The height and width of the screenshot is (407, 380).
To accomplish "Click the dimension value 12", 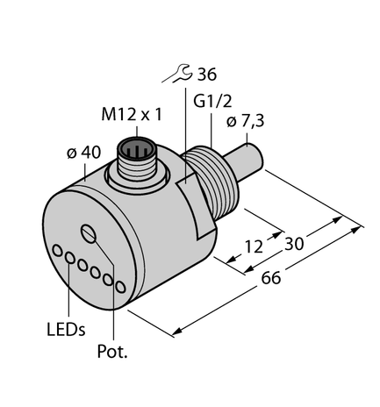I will [255, 247].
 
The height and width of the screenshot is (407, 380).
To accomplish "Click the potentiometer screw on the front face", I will [88, 233].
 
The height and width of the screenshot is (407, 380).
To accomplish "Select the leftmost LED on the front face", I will [57, 251].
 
